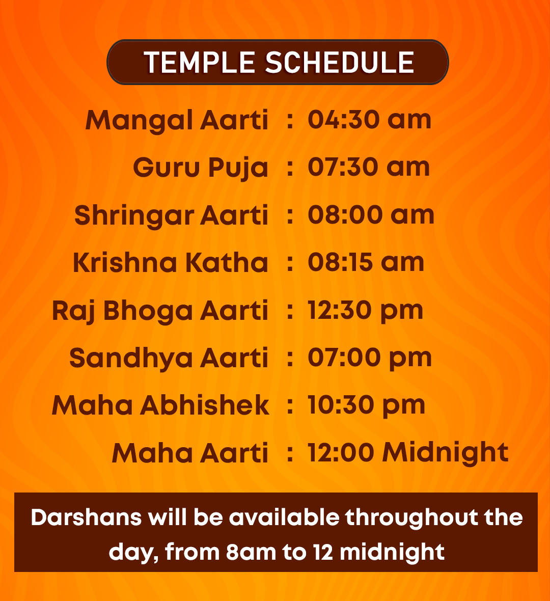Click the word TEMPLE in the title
[x=199, y=63]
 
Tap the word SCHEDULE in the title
[x=340, y=63]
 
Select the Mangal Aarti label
[x=177, y=121]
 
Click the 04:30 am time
[x=370, y=120]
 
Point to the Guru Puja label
[x=201, y=168]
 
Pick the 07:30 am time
[x=369, y=167]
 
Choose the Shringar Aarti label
[x=171, y=215]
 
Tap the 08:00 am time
[x=371, y=214]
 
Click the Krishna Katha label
[x=170, y=262]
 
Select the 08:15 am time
[x=366, y=262]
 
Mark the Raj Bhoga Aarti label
[x=160, y=311]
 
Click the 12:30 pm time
[x=365, y=311]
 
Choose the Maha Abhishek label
[x=160, y=405]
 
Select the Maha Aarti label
[x=190, y=453]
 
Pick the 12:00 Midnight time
[x=408, y=453]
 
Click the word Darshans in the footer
[x=86, y=517]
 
